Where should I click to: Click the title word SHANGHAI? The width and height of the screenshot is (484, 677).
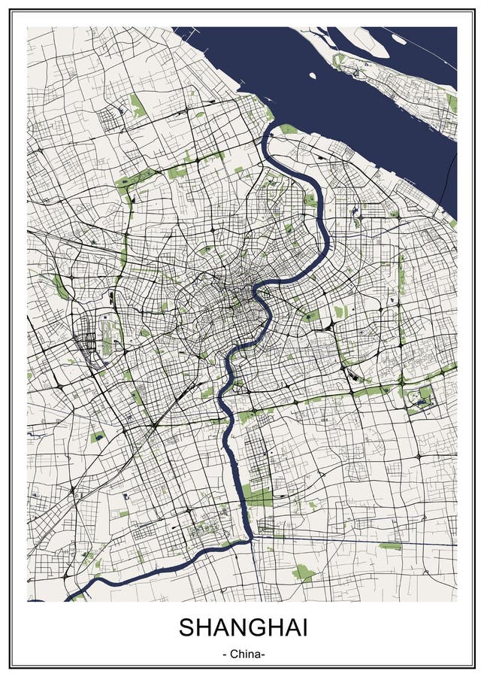point(242,627)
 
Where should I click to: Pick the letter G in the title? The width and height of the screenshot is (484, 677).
point(253,627)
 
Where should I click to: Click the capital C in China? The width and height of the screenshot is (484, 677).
point(233,654)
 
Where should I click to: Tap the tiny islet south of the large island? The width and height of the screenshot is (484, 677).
point(313,75)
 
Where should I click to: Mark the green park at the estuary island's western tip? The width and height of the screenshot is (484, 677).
point(340,58)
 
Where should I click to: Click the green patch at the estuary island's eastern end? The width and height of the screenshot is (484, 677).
point(452,102)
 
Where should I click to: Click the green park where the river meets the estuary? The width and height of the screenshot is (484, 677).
point(288,129)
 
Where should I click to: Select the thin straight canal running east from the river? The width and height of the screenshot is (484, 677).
point(353,542)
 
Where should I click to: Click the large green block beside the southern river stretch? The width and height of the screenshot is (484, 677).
point(258,495)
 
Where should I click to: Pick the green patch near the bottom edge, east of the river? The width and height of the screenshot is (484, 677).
point(303,573)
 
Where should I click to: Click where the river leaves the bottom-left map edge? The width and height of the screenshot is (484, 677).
point(71,598)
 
